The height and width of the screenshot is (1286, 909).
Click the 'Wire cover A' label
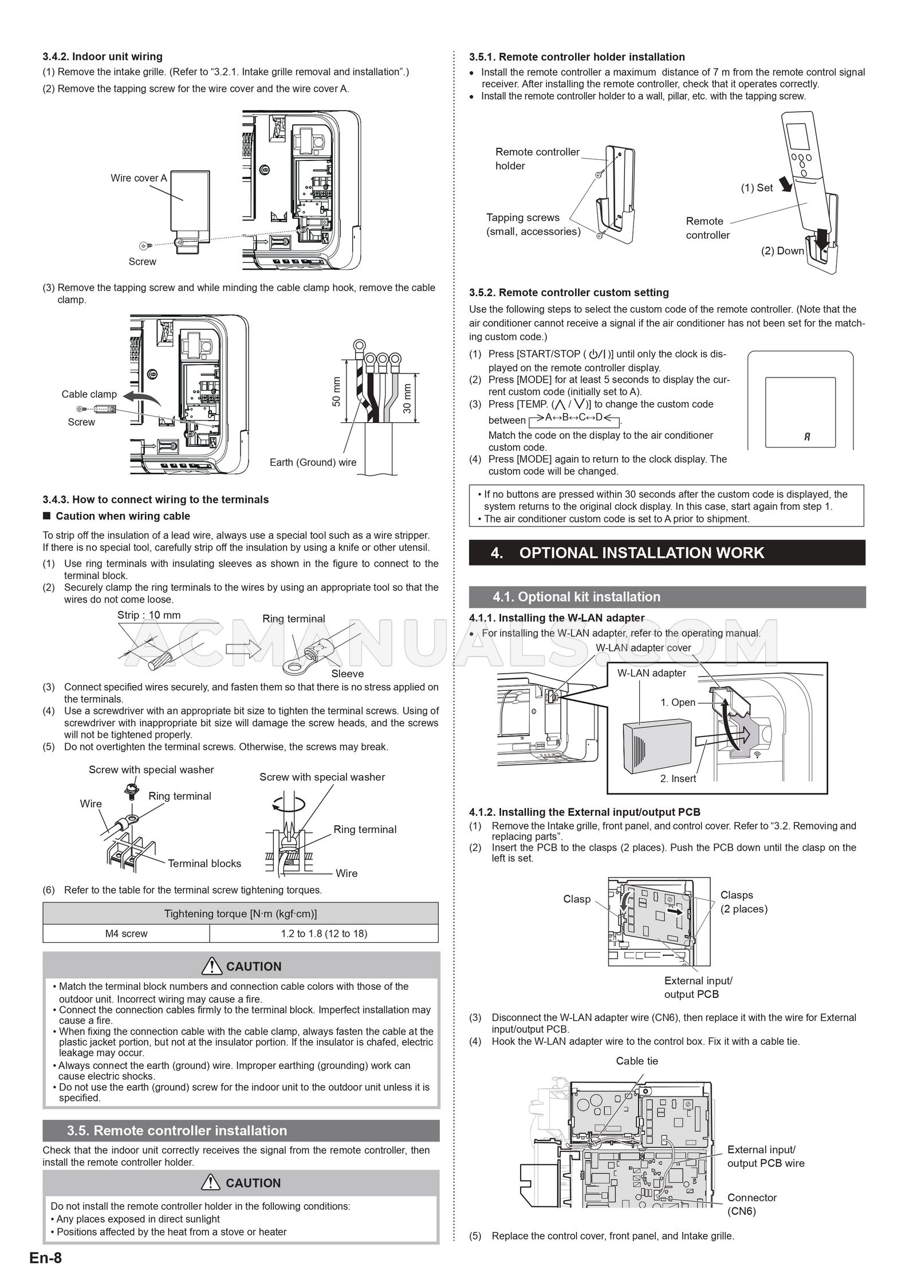pyautogui.click(x=139, y=178)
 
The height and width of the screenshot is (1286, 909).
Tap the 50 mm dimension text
pyautogui.click(x=336, y=392)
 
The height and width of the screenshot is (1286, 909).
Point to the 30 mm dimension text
pyautogui.click(x=407, y=398)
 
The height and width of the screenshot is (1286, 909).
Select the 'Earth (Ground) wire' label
pyautogui.click(x=313, y=462)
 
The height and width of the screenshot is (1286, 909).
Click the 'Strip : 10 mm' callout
pyautogui.click(x=149, y=615)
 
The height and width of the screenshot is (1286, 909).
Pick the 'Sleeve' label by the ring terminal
pyautogui.click(x=347, y=674)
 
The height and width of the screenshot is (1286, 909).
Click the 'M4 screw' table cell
pyautogui.click(x=126, y=933)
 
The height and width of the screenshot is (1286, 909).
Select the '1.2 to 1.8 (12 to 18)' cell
pyautogui.click(x=324, y=933)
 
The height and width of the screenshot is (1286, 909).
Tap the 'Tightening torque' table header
pyautogui.click(x=241, y=914)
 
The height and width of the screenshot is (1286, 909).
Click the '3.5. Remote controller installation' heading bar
pyautogui.click(x=241, y=1131)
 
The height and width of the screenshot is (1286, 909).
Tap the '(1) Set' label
pyautogui.click(x=757, y=188)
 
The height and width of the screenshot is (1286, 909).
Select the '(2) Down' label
pyautogui.click(x=782, y=251)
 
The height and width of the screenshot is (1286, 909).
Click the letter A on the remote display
pyautogui.click(x=807, y=437)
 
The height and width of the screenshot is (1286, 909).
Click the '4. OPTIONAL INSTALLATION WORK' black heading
pyautogui.click(x=667, y=553)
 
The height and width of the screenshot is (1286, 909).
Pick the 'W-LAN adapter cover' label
pyautogui.click(x=643, y=648)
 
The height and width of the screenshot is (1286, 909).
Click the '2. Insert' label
pyautogui.click(x=678, y=778)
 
